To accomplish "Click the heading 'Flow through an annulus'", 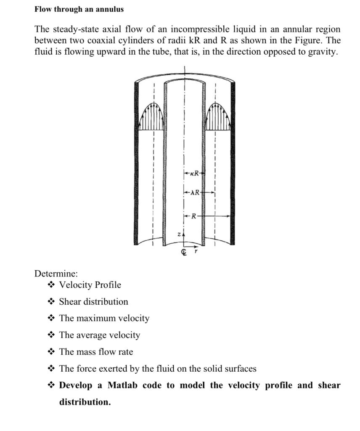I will [79, 9].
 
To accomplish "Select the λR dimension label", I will [195, 193].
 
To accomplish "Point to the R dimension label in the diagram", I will [194, 216].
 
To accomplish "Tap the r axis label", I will [196, 251].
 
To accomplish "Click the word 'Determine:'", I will [56, 274].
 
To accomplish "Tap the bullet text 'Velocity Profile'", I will [90, 285].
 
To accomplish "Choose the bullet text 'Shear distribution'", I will [93, 302].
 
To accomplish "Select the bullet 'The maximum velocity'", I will [104, 318].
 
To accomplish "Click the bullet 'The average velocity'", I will [100, 335].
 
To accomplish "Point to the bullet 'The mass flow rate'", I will [96, 352].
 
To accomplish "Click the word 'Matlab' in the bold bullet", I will [123, 385].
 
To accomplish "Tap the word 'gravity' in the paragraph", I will [321, 52].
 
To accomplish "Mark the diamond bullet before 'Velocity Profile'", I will [51, 285].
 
